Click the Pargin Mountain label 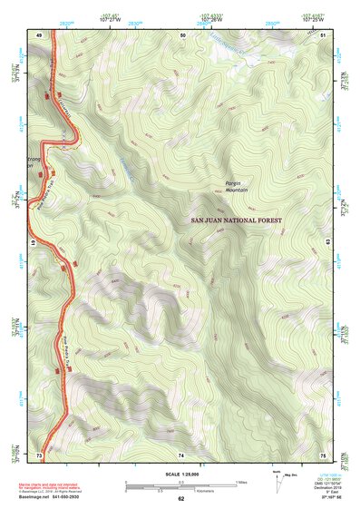point(238,187)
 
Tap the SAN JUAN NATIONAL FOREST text point(237,220)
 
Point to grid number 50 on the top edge point(182,34)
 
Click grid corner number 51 point(324,34)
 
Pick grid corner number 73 point(39,454)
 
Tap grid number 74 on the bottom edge point(181,454)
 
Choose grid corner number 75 point(324,454)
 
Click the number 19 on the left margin point(35,243)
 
